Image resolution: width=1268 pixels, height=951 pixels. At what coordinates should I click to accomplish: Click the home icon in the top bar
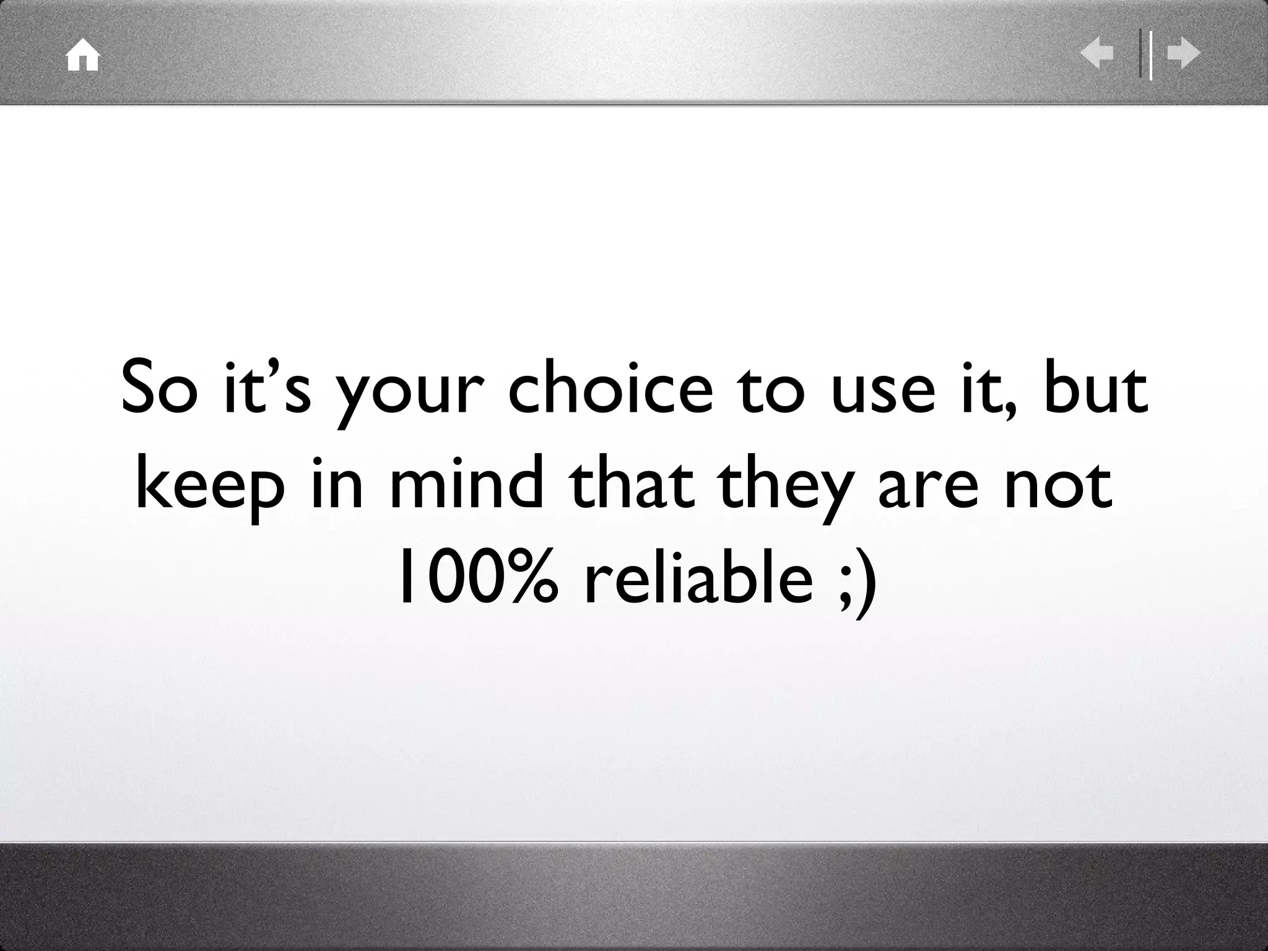pyautogui.click(x=83, y=56)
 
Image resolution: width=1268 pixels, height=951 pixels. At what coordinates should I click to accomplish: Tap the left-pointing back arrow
pyautogui.click(x=1096, y=54)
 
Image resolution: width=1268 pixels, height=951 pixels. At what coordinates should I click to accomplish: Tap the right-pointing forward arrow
pyautogui.click(x=1184, y=54)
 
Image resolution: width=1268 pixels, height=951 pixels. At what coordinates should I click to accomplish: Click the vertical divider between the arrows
pyautogui.click(x=1145, y=54)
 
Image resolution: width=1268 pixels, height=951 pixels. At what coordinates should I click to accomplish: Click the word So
pyautogui.click(x=157, y=388)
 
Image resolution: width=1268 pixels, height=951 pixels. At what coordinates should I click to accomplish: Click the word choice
pyautogui.click(x=610, y=388)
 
